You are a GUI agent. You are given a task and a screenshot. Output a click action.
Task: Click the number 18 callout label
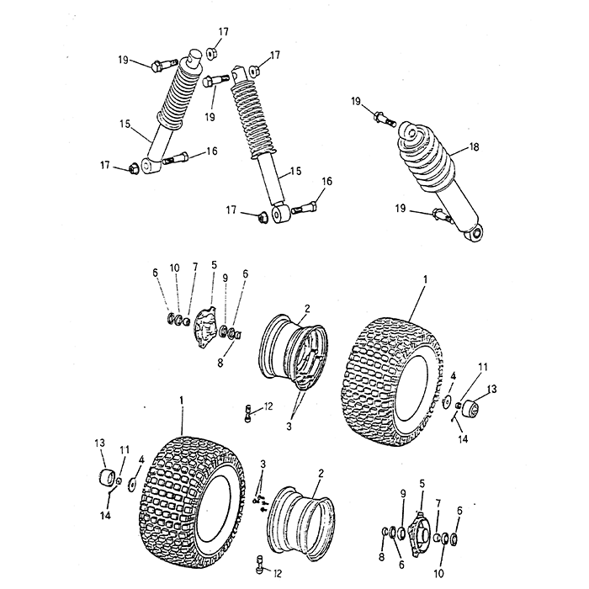(474, 147)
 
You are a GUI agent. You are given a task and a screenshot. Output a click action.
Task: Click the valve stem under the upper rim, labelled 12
(247, 412)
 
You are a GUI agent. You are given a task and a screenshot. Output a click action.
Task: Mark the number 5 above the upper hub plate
(214, 265)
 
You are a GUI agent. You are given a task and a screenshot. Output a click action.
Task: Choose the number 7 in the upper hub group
(195, 267)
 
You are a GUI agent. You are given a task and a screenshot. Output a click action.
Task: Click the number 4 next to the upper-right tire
(454, 376)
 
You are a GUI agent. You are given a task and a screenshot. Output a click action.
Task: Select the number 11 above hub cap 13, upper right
(482, 367)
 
